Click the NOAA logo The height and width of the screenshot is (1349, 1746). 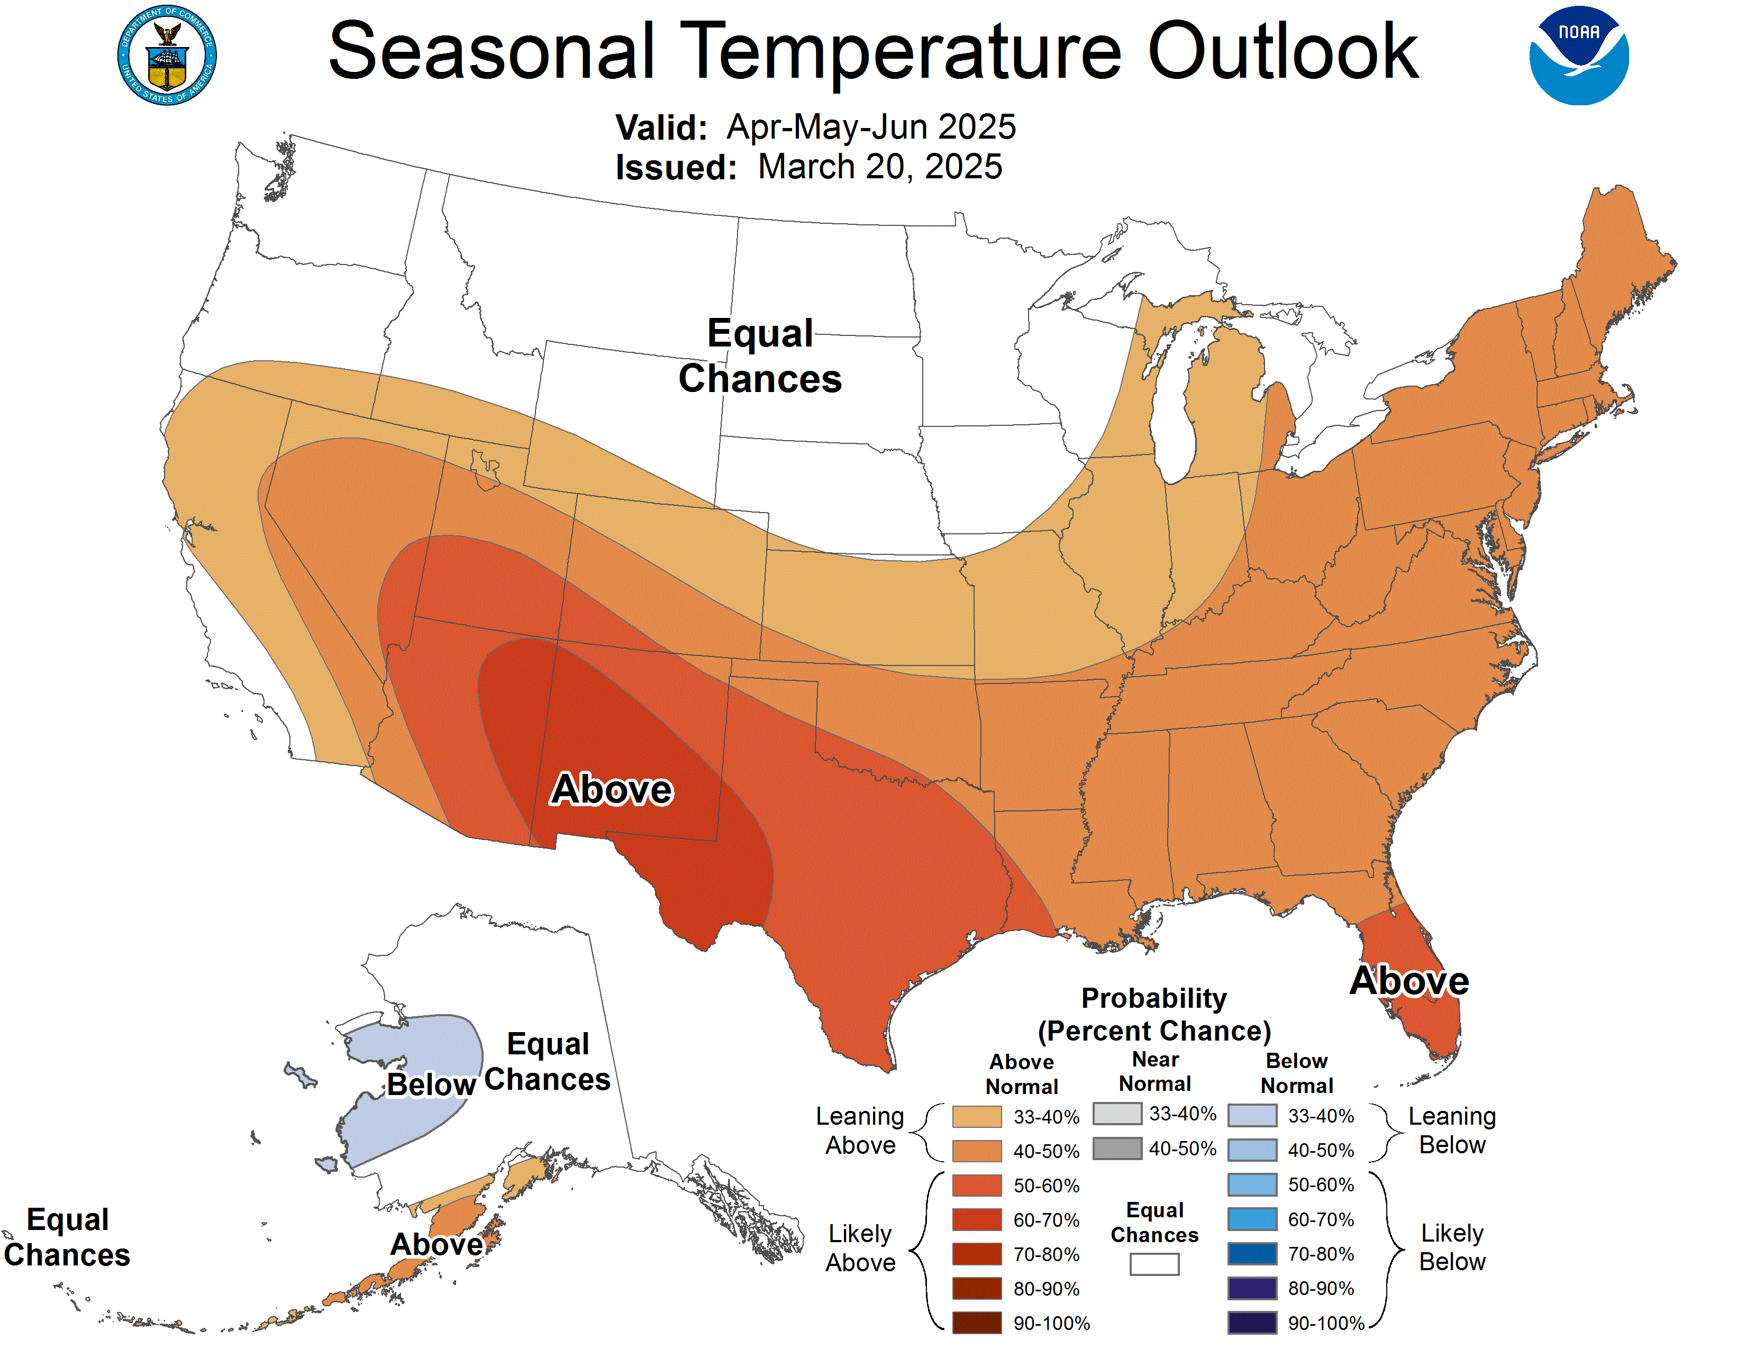coord(1578,56)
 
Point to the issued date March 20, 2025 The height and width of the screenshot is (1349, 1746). coord(879,167)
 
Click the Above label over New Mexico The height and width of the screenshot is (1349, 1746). coord(612,790)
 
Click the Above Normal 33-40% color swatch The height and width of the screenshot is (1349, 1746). coord(976,1116)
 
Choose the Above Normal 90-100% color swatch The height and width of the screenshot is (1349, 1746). coord(976,1323)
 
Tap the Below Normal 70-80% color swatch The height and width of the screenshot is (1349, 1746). coord(1252,1254)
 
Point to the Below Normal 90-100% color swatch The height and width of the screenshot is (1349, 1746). coord(1252,1323)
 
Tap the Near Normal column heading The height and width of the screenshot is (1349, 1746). coord(1154,1071)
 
